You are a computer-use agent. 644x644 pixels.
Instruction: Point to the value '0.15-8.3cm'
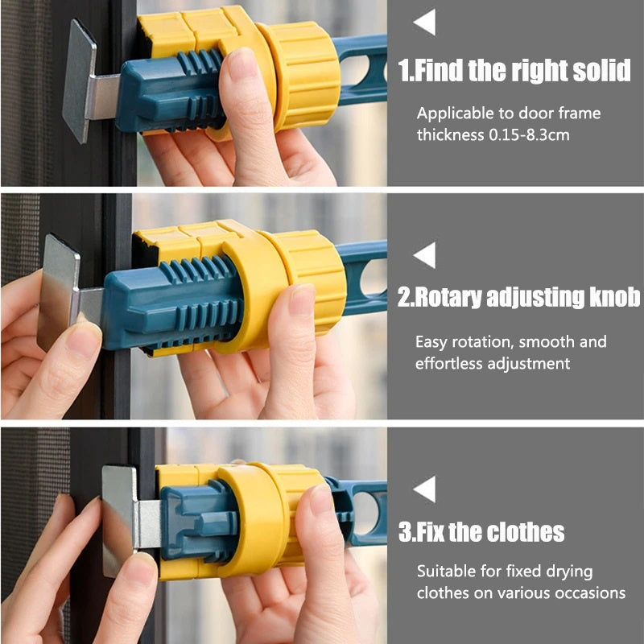529,135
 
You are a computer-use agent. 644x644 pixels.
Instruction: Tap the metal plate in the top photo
80,82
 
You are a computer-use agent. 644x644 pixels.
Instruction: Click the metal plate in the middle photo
58,292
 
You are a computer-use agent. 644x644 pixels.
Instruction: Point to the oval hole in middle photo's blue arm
374,277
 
